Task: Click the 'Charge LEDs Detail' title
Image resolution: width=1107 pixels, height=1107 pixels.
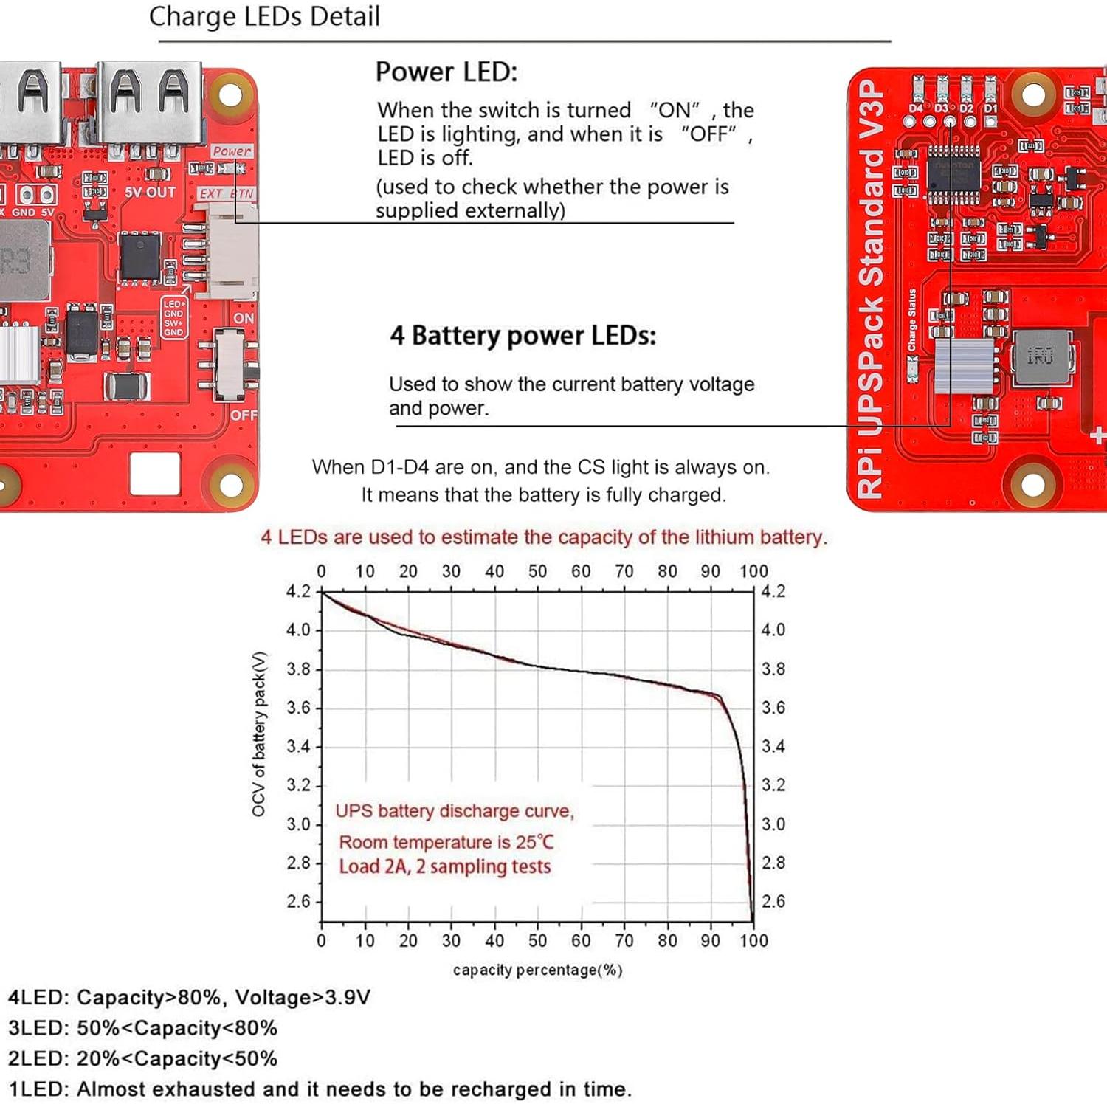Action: coord(264,16)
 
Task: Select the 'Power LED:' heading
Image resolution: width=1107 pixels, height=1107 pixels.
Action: coord(446,72)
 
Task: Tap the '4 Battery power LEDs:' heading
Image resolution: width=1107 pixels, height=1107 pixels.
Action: coord(523,336)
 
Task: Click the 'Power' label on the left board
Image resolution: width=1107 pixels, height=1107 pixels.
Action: coord(232,151)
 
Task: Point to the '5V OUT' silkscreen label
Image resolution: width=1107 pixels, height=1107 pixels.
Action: coord(151,193)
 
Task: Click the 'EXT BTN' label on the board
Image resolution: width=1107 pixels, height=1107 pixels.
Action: coord(227,193)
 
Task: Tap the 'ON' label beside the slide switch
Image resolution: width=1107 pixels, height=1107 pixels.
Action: coord(244,319)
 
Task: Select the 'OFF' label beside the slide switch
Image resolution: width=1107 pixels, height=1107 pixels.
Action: coord(244,415)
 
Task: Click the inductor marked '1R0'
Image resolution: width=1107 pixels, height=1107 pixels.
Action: coord(1041,357)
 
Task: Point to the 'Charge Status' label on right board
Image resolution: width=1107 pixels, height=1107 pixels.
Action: coord(912,320)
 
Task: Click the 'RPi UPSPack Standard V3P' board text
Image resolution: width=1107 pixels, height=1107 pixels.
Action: coord(871,288)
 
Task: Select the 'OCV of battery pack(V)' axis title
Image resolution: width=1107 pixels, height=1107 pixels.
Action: coord(258,734)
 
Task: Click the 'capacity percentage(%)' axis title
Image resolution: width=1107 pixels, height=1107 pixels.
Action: coord(537,970)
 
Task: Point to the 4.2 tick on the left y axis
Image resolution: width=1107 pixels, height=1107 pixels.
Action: coord(298,592)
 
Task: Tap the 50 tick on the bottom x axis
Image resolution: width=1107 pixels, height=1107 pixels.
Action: coord(537,941)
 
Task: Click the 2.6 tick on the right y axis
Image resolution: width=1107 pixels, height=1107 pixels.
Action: coord(773,901)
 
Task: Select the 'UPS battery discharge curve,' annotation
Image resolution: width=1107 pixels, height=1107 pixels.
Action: coord(455,811)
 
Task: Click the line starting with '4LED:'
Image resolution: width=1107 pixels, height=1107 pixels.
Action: coord(189,998)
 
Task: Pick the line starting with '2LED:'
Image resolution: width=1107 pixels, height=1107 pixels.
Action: coord(142,1059)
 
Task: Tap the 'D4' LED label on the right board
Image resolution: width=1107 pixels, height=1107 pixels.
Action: coord(915,108)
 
